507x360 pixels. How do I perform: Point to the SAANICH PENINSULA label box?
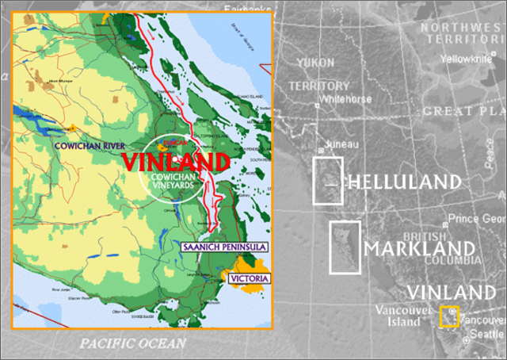(223, 247)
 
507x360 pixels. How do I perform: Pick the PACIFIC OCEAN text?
(132, 343)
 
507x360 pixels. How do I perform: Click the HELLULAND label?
(404, 182)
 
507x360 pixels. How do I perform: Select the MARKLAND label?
(420, 250)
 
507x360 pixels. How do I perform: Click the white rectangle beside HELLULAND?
(328, 181)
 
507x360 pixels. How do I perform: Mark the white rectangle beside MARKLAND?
(345, 247)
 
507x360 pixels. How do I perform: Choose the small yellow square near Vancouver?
(449, 316)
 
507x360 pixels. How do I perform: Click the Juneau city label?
(343, 144)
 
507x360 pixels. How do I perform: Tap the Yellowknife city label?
(465, 59)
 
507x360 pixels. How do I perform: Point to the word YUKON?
(315, 62)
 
